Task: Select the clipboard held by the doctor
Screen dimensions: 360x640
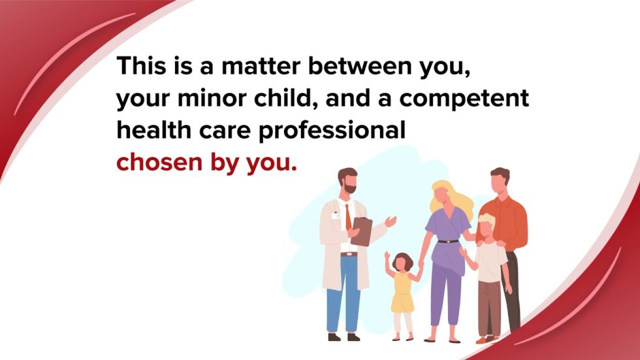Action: click(x=361, y=231)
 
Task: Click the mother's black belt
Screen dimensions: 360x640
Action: click(x=448, y=242)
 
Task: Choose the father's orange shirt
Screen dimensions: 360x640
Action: click(x=509, y=219)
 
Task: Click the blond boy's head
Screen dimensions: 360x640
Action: click(x=486, y=227)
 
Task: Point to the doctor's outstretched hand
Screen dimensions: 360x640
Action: click(x=391, y=221)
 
